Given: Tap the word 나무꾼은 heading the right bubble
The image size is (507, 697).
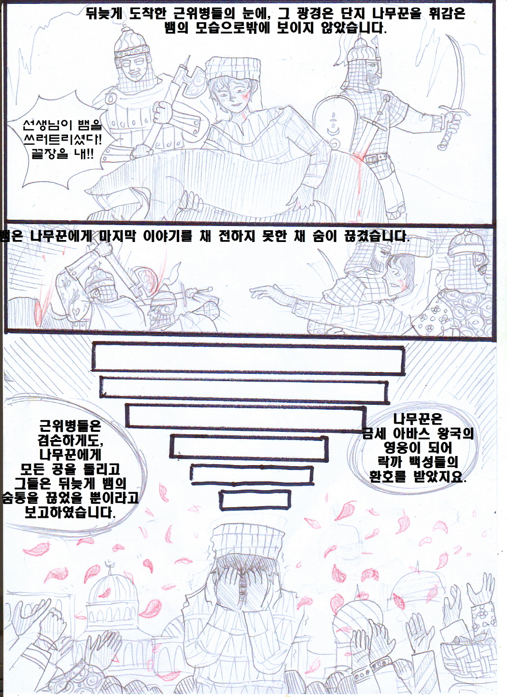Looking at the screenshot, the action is (x=418, y=419).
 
